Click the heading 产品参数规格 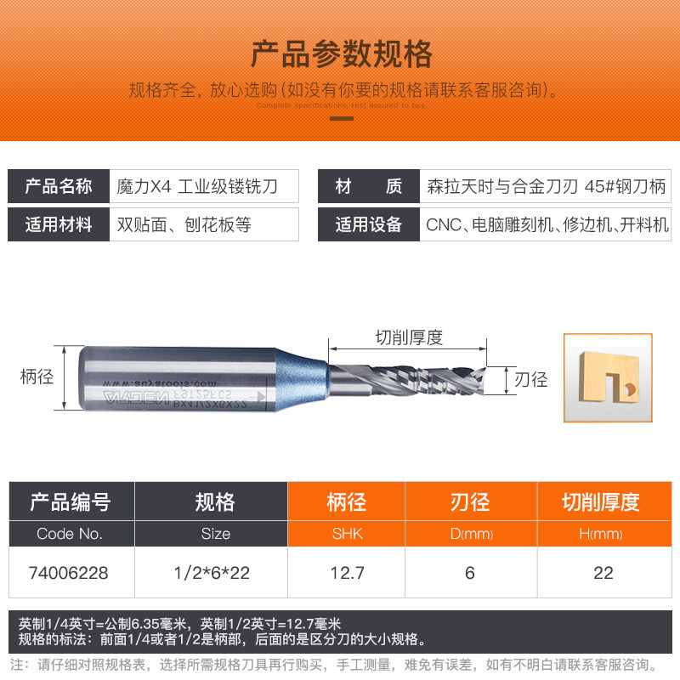click(341, 54)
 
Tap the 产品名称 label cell click(59, 186)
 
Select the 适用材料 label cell click(59, 225)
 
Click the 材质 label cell click(368, 186)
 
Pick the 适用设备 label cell click(368, 225)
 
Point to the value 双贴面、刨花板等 click(184, 225)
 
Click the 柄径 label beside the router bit click(37, 377)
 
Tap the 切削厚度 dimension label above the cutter click(409, 337)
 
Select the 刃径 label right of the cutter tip click(531, 380)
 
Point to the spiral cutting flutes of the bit click(408, 377)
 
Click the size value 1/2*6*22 click(216, 573)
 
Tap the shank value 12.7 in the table click(346, 573)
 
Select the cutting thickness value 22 click(603, 573)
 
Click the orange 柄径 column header click(346, 502)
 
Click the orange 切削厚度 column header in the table click(603, 502)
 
